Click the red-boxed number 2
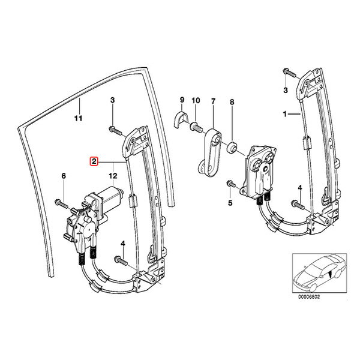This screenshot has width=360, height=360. (94, 161)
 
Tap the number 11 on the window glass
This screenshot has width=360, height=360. (77, 117)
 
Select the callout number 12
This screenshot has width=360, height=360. (112, 176)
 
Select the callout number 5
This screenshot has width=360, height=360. (229, 203)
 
